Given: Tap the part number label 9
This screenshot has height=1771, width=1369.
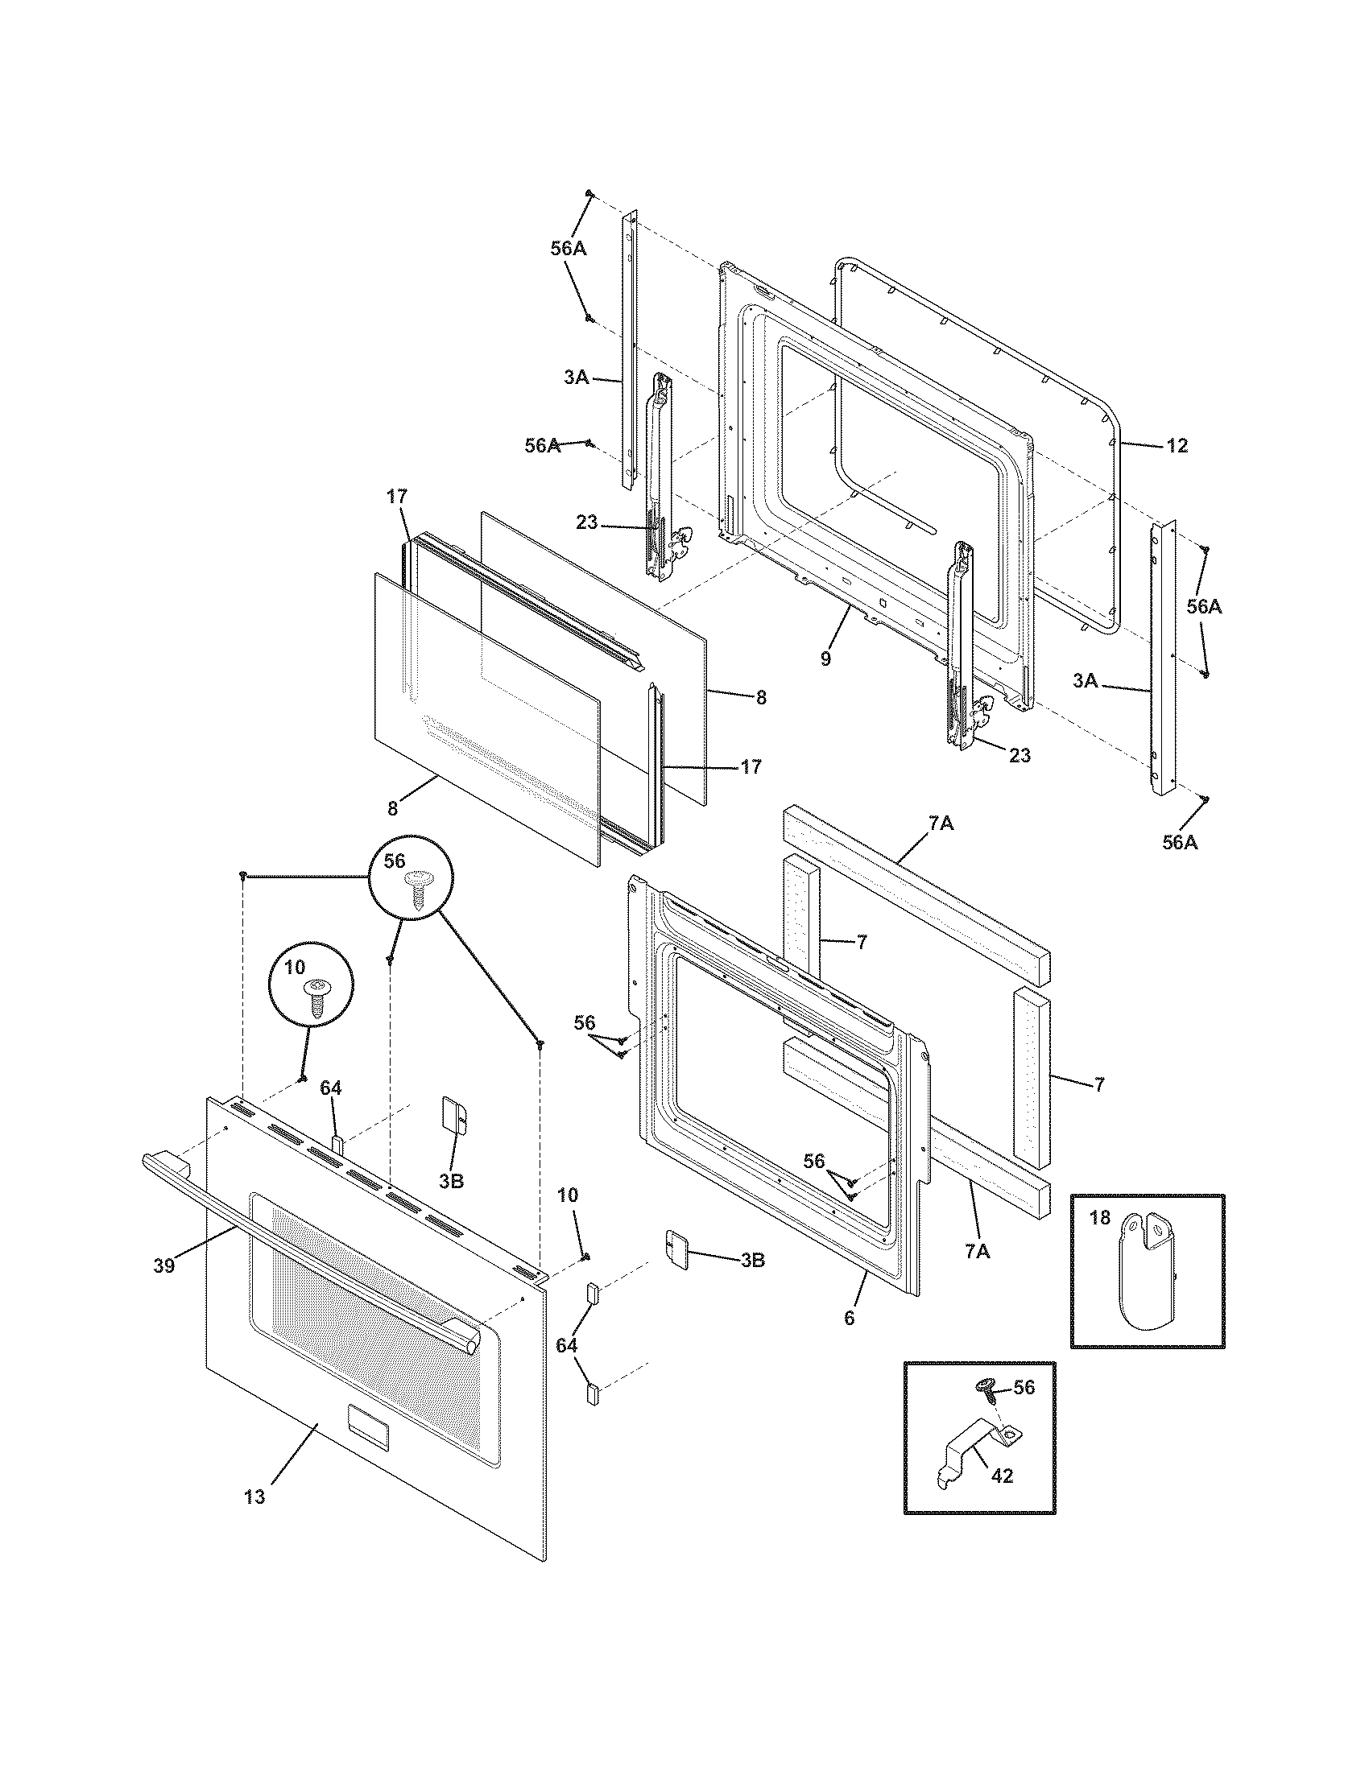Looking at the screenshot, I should pos(825,658).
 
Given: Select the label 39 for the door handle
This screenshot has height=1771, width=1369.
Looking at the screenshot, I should pos(163,1265).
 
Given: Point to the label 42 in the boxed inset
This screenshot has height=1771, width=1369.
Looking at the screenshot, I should pos(1003,1476).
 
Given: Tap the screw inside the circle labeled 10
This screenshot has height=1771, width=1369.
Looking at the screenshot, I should pos(315,997).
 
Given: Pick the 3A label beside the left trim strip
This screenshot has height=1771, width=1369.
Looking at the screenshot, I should pos(576,377).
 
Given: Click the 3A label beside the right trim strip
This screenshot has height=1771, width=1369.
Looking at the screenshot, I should pos(1086,682).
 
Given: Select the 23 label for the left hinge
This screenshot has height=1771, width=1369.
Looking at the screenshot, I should pos(586,523).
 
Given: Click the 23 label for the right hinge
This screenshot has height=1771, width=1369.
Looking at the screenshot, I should pos(1020,755).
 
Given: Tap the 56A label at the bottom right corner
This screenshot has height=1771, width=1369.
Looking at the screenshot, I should pos(1179,843).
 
